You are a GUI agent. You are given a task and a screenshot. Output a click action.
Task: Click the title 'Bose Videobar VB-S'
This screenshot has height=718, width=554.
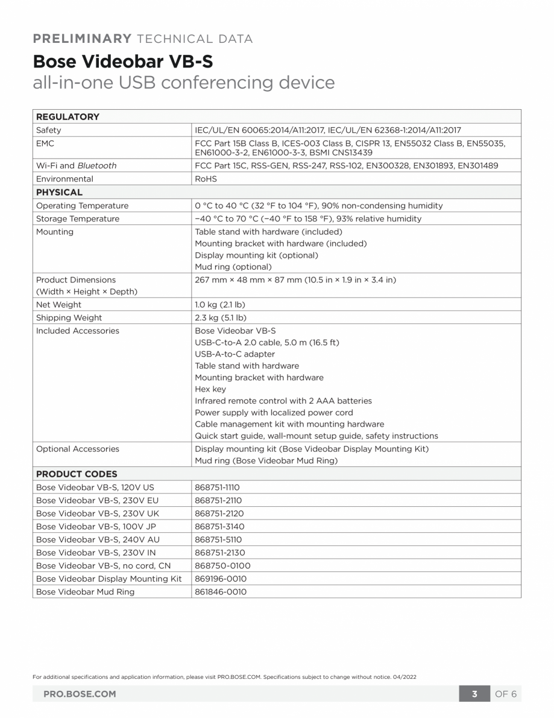click(122, 62)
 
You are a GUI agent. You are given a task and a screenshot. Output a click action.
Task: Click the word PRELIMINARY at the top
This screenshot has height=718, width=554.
click(83, 39)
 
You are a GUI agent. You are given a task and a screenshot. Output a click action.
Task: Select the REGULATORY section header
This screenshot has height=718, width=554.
click(68, 116)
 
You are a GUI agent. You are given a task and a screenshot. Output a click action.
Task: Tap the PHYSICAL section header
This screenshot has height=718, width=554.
click(59, 192)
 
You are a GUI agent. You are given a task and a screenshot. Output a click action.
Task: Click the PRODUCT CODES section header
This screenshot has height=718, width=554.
click(77, 474)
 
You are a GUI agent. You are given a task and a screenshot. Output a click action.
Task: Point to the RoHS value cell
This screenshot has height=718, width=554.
click(206, 179)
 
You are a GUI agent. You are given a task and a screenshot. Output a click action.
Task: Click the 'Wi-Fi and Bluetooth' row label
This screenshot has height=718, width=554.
click(76, 165)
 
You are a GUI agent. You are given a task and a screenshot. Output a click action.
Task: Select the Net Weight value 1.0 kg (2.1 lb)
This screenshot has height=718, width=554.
click(219, 305)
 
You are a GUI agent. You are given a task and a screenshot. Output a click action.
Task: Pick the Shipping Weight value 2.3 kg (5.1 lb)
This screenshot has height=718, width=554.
click(219, 318)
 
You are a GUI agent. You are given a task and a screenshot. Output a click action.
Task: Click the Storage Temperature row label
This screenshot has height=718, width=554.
click(78, 218)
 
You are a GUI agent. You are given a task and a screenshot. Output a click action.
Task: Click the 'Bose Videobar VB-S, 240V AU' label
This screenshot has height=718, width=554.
click(98, 539)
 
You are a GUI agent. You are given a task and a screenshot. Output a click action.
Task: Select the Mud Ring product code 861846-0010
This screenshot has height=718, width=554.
click(221, 592)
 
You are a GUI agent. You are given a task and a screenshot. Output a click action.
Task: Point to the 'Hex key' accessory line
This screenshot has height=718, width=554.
click(210, 389)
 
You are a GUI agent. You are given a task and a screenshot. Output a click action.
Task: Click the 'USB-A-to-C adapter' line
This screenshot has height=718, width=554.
click(235, 354)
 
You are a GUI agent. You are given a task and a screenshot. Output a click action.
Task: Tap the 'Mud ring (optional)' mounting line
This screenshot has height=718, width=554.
click(233, 267)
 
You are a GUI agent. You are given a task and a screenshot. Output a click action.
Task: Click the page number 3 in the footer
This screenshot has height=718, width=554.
click(474, 694)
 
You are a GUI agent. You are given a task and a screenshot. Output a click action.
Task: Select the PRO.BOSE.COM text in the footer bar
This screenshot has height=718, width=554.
click(80, 694)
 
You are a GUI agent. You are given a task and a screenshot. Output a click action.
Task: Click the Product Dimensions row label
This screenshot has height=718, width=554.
click(76, 280)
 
